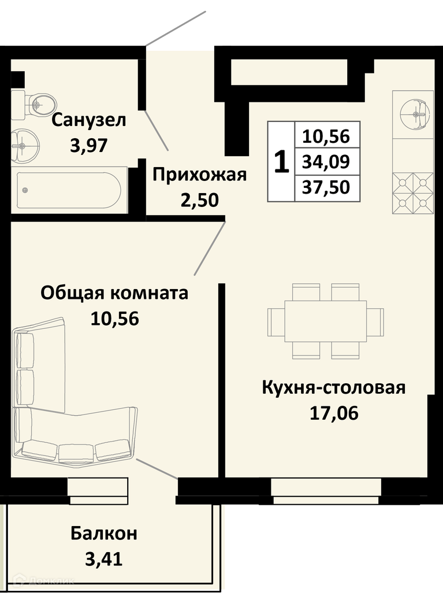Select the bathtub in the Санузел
coord(68,190)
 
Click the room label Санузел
coord(89,120)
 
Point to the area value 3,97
coord(89,145)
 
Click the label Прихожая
coord(199,175)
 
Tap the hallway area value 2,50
coord(199,201)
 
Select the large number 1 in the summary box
coord(281,162)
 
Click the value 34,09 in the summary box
coord(326,162)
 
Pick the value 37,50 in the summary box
coord(326,187)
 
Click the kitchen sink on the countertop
coord(415,114)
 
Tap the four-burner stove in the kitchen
coord(413,193)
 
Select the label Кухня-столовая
coord(334,388)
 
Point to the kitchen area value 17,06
coord(334,413)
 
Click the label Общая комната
coord(114,294)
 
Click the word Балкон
coord(104,534)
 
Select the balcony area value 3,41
coord(104,559)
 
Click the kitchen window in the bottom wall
coord(326,491)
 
